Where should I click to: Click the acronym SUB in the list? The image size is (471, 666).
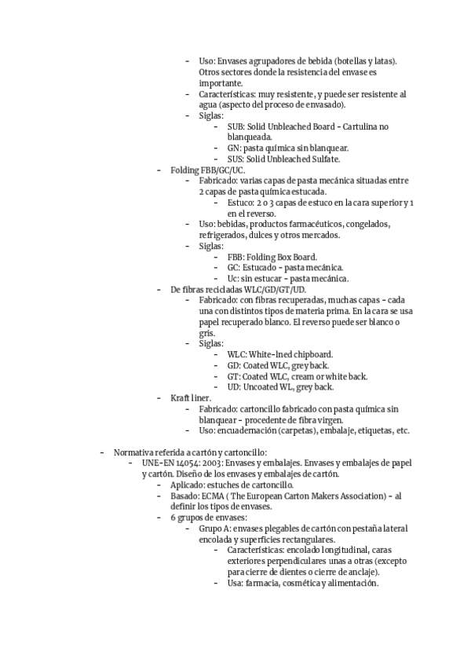click(x=235, y=126)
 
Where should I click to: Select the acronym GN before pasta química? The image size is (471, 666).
click(x=233, y=148)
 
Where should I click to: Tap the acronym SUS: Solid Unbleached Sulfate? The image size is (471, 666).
click(x=234, y=159)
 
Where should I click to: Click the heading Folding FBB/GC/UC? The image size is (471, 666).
click(x=208, y=170)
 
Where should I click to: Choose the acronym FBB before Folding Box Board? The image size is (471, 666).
click(x=235, y=257)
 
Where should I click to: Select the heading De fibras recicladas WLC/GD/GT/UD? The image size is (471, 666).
click(x=238, y=290)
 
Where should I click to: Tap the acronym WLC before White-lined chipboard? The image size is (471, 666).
click(x=235, y=354)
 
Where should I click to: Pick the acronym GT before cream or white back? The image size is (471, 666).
click(x=233, y=376)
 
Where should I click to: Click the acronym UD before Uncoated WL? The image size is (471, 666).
click(x=234, y=387)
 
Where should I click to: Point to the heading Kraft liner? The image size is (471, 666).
click(x=190, y=398)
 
